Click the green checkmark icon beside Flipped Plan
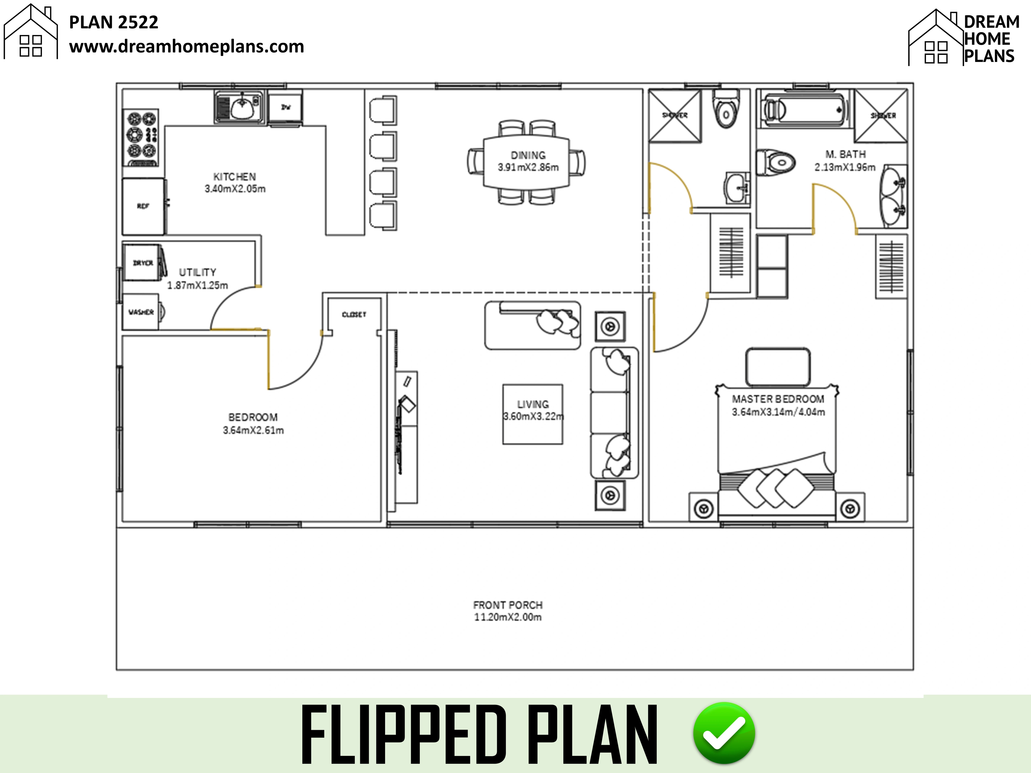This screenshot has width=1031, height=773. (724, 733)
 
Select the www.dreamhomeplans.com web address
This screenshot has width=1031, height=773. (186, 47)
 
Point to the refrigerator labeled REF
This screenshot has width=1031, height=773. (143, 206)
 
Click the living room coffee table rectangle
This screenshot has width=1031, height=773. (532, 414)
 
